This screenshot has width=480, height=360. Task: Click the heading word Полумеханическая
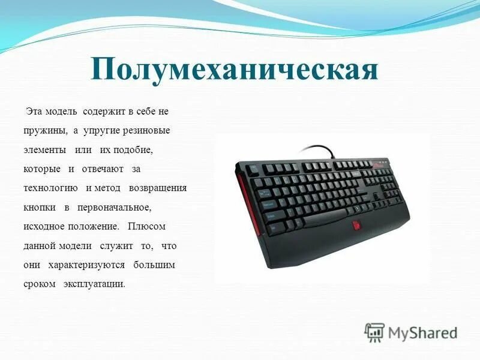click(x=235, y=71)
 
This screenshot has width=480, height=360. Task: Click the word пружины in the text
click(x=43, y=131)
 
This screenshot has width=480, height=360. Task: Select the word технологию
click(x=50, y=188)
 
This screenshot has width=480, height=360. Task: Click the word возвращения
click(x=158, y=188)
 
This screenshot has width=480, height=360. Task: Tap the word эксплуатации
click(x=94, y=284)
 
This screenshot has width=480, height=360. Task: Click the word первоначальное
click(x=115, y=207)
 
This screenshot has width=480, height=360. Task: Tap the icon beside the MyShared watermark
click(x=375, y=332)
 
